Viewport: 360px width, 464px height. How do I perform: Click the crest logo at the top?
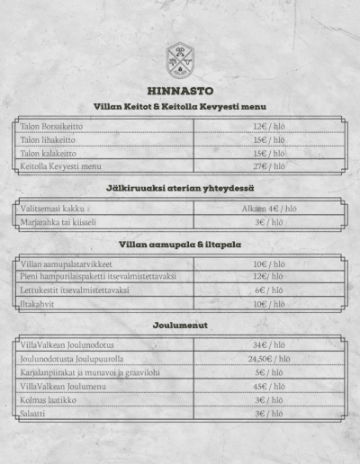click(x=179, y=60)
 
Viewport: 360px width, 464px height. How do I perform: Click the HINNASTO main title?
click(x=179, y=91)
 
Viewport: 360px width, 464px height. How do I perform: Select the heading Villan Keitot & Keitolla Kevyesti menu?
click(x=179, y=107)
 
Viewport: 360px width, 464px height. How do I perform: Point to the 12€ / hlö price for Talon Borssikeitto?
click(x=269, y=127)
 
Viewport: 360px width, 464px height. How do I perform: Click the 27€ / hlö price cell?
click(x=269, y=166)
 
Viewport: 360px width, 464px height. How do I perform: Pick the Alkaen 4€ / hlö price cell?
click(x=269, y=208)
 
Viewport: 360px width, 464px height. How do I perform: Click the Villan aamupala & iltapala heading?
click(x=179, y=244)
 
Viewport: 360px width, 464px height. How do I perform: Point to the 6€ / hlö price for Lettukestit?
click(x=269, y=290)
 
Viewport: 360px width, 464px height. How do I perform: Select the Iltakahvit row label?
click(x=40, y=304)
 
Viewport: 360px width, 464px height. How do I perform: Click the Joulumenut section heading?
click(x=179, y=325)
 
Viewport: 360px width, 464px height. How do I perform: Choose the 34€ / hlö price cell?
click(x=269, y=345)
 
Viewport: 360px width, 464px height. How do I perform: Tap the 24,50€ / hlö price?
click(x=269, y=359)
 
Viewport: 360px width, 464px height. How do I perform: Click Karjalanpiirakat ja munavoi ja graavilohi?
click(x=89, y=372)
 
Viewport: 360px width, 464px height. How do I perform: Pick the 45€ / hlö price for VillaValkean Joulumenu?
click(x=269, y=386)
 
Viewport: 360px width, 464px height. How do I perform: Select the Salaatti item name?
click(x=35, y=413)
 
